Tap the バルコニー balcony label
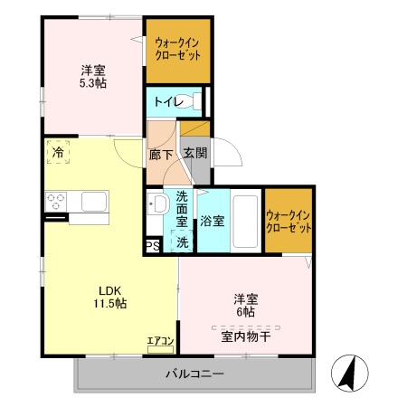pos(194,374)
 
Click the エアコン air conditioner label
pos(160,341)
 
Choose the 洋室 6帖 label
pos(245,304)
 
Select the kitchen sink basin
pos(94,200)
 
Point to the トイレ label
pos(166,101)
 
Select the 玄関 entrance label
pos(194,155)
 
